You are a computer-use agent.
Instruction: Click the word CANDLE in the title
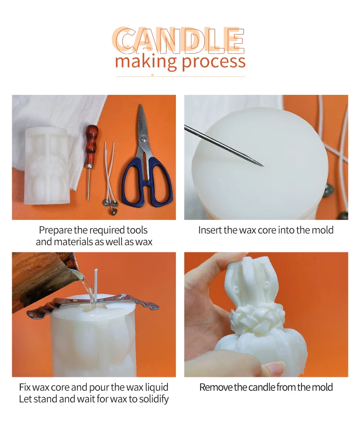coord(178,40)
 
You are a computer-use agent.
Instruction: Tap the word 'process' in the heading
coord(213,62)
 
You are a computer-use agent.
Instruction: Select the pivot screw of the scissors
coord(143,139)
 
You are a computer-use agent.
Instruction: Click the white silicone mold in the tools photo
coord(46,166)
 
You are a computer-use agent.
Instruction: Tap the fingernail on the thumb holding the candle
coord(274,369)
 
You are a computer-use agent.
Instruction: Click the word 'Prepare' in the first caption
coord(56,230)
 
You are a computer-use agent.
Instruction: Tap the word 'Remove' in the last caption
coord(216,387)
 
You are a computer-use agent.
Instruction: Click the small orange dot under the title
coord(153,75)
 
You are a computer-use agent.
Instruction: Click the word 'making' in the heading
coord(146,62)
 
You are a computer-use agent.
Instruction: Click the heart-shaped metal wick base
coord(112,210)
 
